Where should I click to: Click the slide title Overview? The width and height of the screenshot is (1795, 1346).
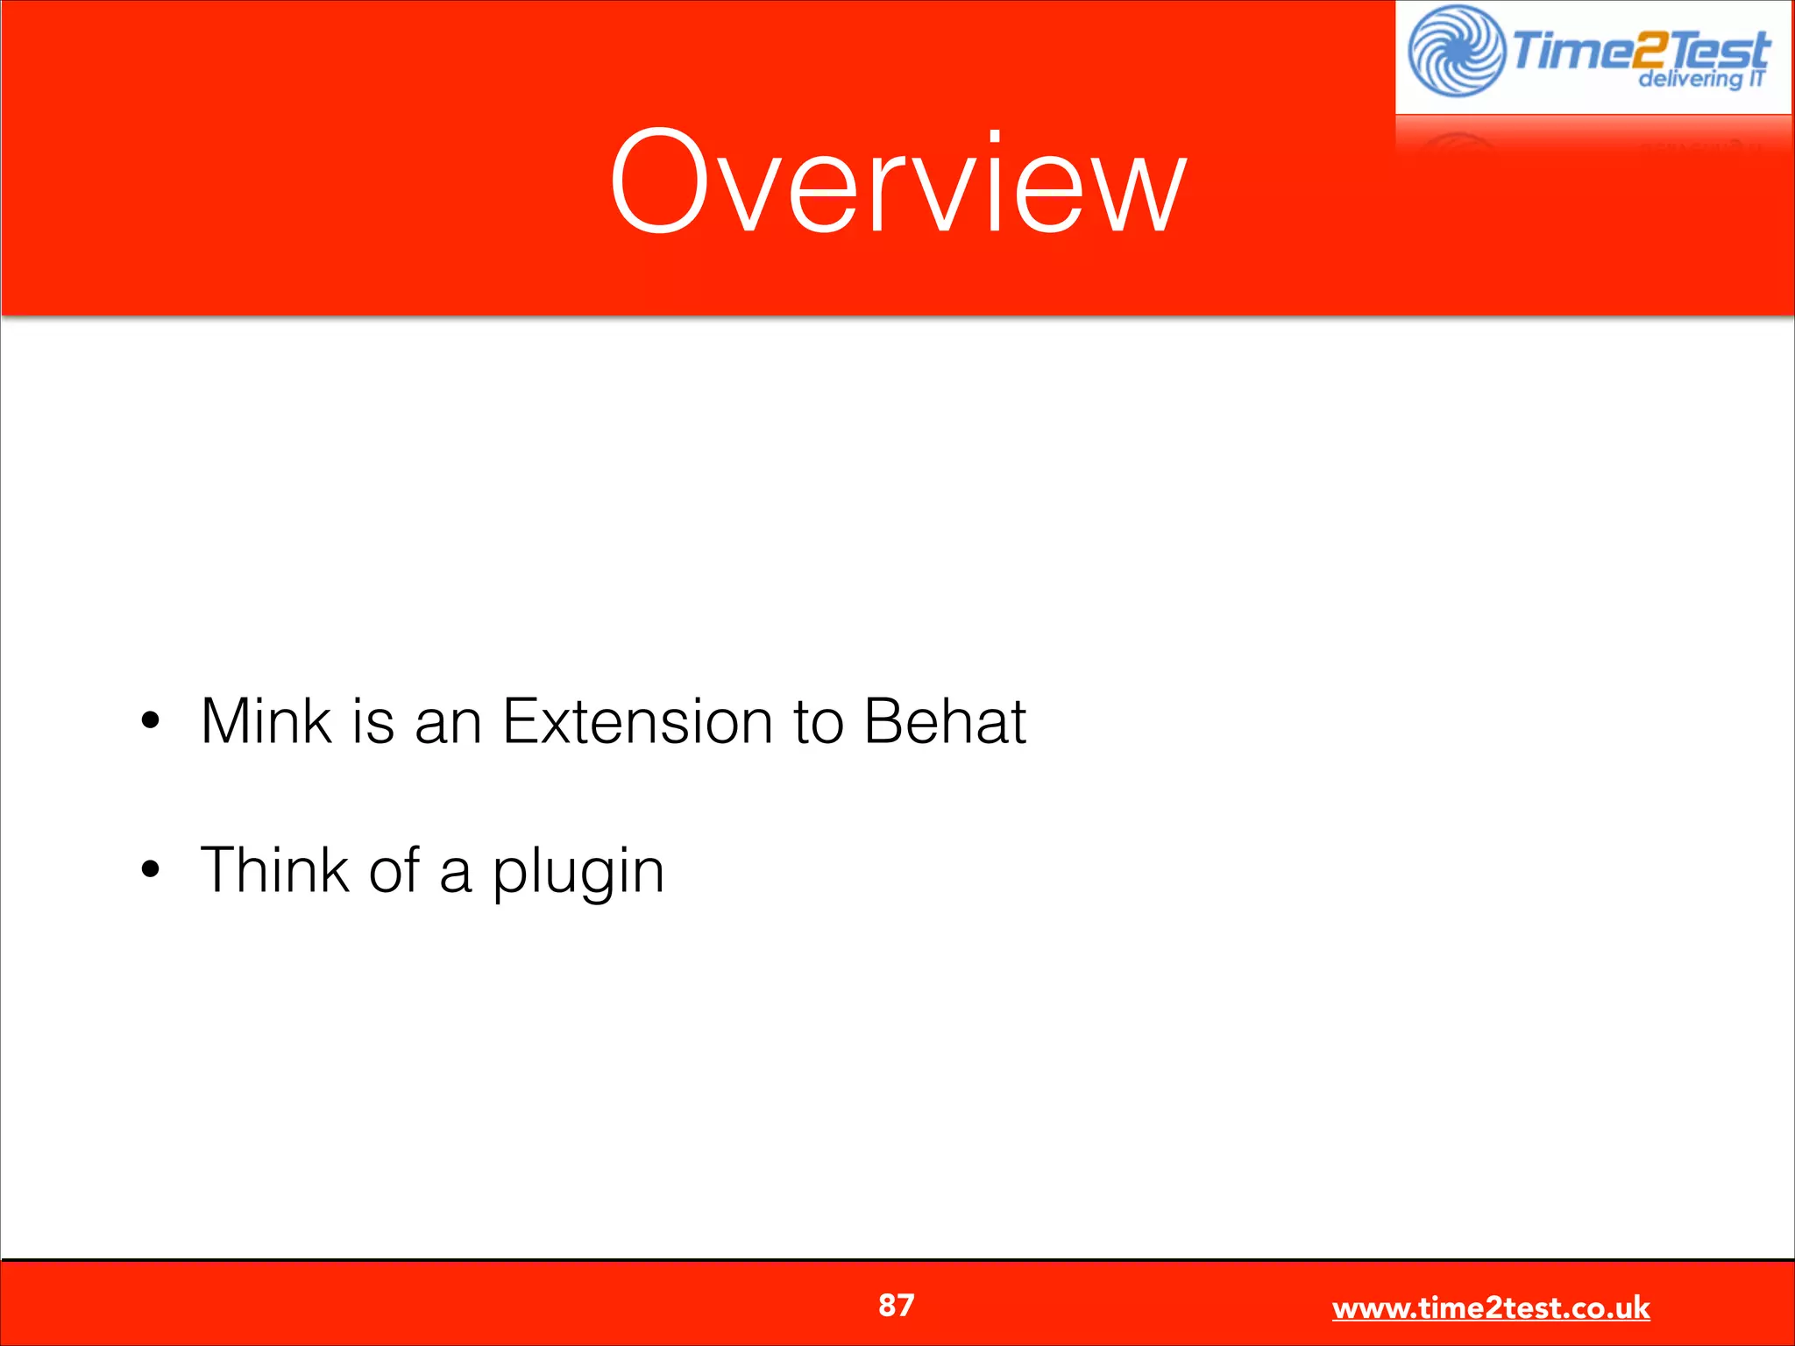click(x=897, y=182)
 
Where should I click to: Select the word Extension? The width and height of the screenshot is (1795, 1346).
click(x=637, y=721)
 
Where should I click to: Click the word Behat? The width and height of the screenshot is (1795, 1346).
click(x=945, y=721)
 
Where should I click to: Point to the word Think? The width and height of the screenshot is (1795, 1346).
click(x=274, y=870)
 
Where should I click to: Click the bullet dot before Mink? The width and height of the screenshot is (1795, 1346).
click(x=151, y=721)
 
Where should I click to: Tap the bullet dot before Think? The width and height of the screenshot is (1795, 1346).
click(x=151, y=870)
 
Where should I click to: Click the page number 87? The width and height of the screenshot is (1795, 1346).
click(x=896, y=1305)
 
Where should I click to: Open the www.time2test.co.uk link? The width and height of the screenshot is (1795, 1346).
click(x=1490, y=1307)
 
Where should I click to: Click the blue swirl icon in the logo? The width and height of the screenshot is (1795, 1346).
click(x=1455, y=51)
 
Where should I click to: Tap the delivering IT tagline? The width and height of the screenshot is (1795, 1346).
click(x=1700, y=79)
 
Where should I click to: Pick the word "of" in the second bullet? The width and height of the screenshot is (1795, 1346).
click(x=394, y=870)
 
